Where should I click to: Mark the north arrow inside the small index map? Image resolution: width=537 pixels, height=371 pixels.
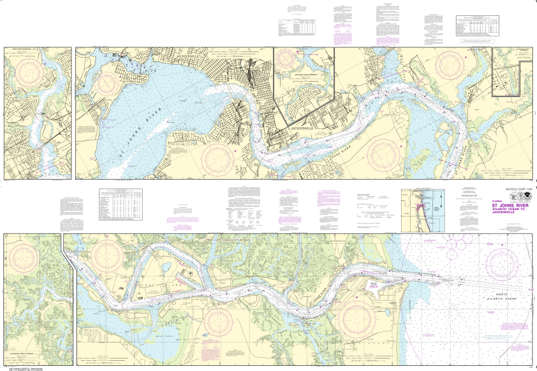440,200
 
